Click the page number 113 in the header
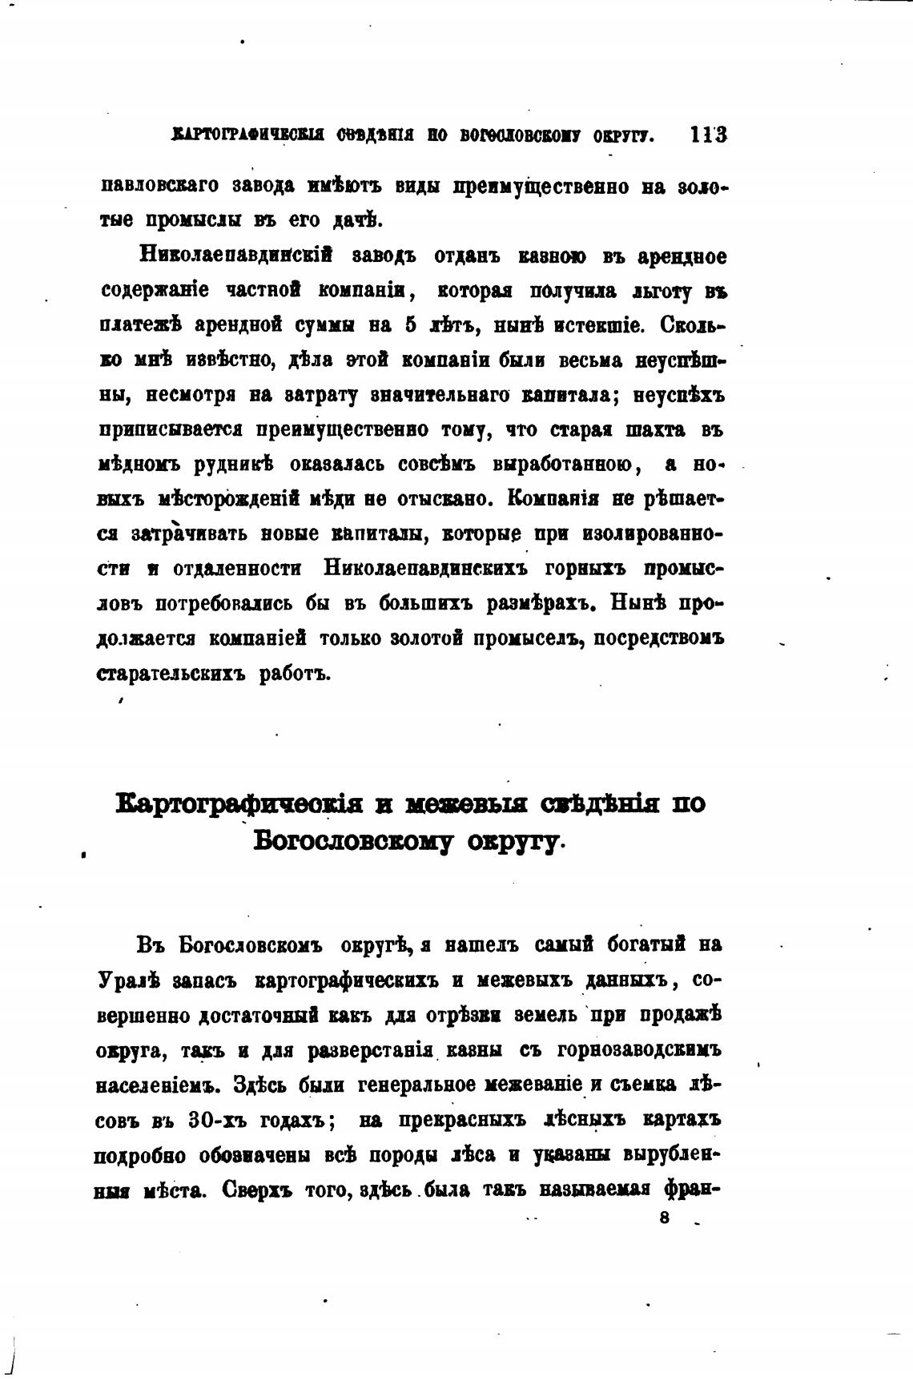pyautogui.click(x=708, y=135)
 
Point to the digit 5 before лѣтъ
pyautogui.click(x=408, y=326)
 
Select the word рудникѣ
pyautogui.click(x=235, y=465)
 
